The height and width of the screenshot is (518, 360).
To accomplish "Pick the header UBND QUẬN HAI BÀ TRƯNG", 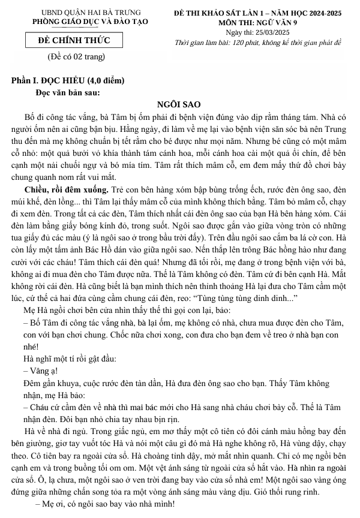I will [x=83, y=13].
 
